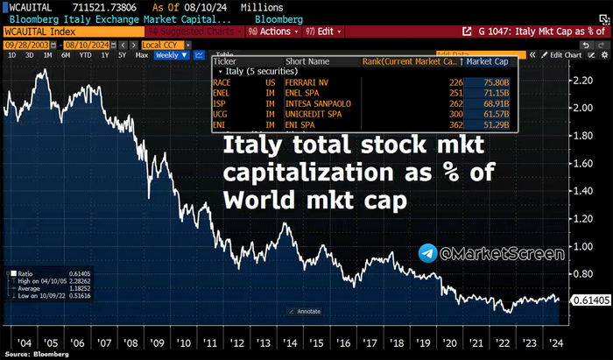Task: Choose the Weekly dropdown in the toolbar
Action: [x=167, y=55]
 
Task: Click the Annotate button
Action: [x=304, y=312]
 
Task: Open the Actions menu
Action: [x=271, y=31]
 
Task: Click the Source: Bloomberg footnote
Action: [x=34, y=354]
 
